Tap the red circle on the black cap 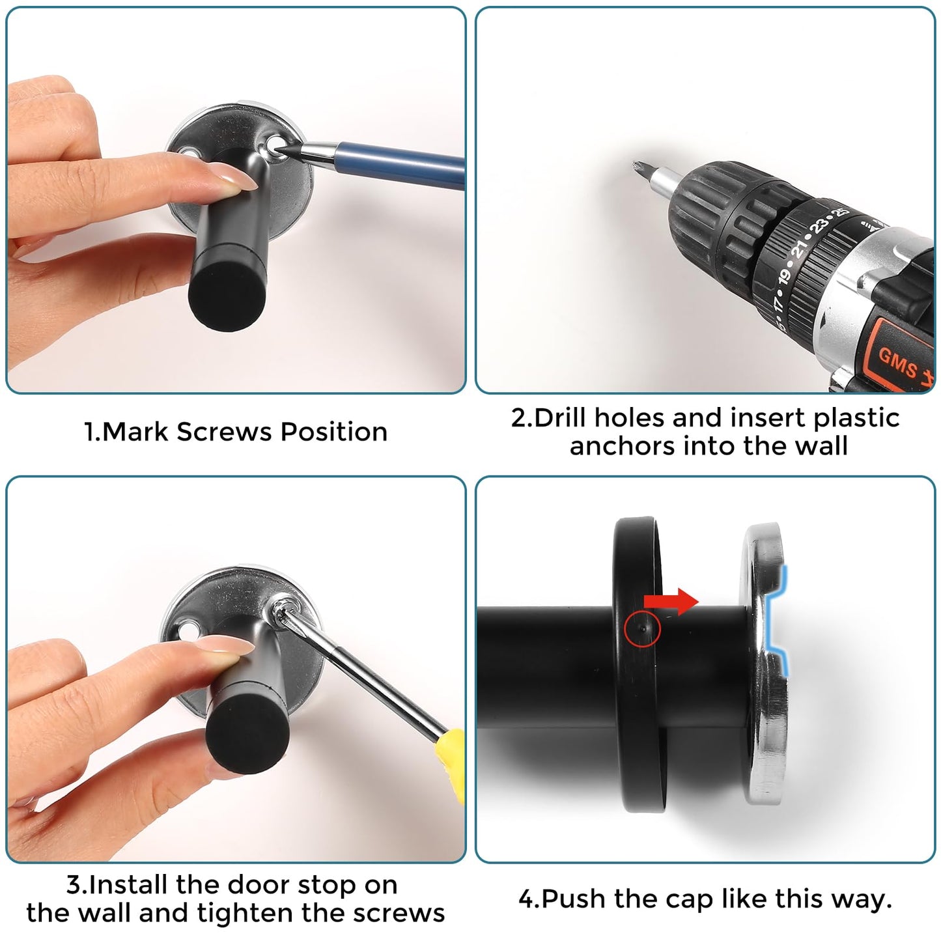(642, 628)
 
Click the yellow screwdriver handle (450, 765)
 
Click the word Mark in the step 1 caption (136, 432)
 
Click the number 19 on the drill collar (785, 276)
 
